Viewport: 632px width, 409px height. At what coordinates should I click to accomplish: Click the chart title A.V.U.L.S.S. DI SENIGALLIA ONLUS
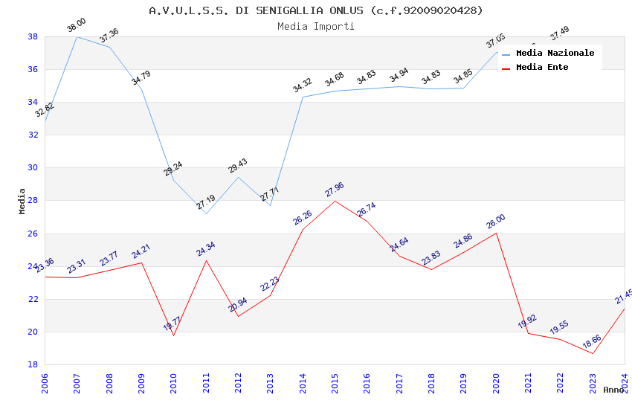point(315,10)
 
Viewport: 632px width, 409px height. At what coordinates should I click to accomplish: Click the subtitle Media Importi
point(315,26)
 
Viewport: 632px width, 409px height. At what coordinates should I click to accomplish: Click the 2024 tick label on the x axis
point(625,379)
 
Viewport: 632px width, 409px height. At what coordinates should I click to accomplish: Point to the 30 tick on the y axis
point(33,168)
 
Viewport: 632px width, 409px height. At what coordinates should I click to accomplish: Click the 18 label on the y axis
point(33,364)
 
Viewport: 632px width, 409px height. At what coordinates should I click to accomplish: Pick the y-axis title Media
point(22,201)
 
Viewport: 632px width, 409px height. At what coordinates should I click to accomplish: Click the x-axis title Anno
point(613,390)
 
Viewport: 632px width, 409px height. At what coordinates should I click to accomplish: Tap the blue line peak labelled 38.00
point(77,36)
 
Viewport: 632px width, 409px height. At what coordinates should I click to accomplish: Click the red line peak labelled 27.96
point(335,201)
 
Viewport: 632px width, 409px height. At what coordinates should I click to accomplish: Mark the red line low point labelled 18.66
point(593,353)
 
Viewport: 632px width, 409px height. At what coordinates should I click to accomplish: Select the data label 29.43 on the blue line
point(238,167)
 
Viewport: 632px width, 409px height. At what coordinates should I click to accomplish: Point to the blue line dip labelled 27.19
point(206,213)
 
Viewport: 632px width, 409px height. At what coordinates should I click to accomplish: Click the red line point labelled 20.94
point(238,316)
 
